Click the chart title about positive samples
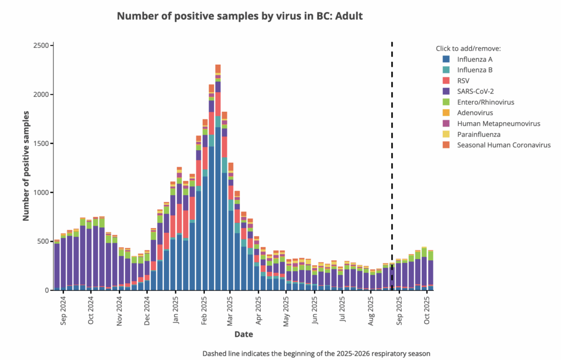point(239,16)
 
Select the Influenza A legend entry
point(475,59)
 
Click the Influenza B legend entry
point(475,70)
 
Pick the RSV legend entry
point(464,81)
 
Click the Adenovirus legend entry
point(473,113)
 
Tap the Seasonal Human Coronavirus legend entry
point(503,145)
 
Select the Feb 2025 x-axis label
point(204,311)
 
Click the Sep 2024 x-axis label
point(63,311)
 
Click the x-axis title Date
point(243,334)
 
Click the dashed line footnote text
point(316,353)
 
